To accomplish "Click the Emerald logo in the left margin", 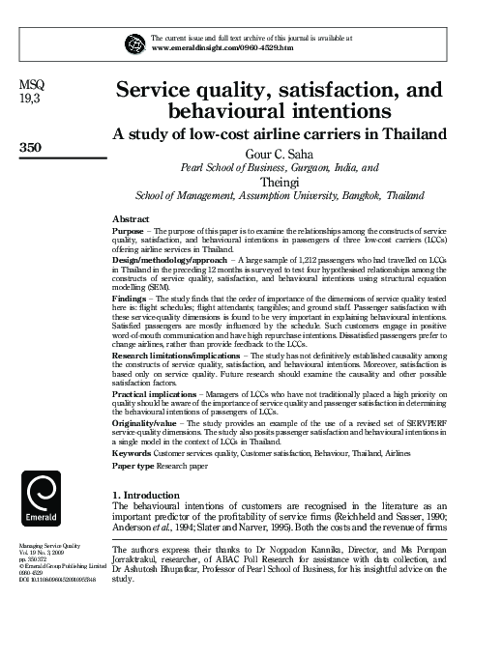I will coord(40,502).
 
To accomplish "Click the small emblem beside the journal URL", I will coord(135,42).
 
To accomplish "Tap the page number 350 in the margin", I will coord(33,148).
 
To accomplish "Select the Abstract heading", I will coord(132,219).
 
